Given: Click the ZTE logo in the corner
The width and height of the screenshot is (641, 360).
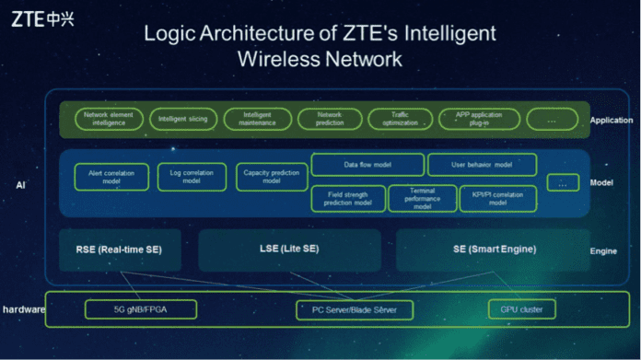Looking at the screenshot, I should pyautogui.click(x=41, y=18).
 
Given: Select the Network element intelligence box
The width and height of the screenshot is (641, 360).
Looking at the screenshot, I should pyautogui.click(x=109, y=119).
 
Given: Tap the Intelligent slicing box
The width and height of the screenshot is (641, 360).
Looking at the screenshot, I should pyautogui.click(x=182, y=119).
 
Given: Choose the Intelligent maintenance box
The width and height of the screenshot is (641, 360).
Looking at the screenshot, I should pyautogui.click(x=257, y=119).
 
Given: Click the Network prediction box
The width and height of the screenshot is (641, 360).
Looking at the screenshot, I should pyautogui.click(x=329, y=119).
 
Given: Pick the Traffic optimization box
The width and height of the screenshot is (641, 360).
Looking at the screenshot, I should pyautogui.click(x=400, y=119).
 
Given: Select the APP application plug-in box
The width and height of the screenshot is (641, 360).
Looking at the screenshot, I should pyautogui.click(x=479, y=119).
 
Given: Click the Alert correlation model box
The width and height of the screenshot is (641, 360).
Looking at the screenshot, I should pyautogui.click(x=111, y=177).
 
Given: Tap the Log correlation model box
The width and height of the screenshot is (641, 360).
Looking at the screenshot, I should pyautogui.click(x=192, y=177).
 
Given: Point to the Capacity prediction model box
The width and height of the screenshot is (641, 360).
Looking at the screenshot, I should pyautogui.click(x=272, y=177).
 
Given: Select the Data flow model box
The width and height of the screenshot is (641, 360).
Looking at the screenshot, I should pyautogui.click(x=367, y=165).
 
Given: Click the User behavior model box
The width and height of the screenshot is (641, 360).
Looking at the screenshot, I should pyautogui.click(x=482, y=165).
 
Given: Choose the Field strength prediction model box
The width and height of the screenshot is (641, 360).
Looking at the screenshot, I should pyautogui.click(x=348, y=199).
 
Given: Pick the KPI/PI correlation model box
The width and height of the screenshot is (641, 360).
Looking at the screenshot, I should pyautogui.click(x=497, y=199).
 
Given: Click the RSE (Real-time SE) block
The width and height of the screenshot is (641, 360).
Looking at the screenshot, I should pyautogui.click(x=119, y=250).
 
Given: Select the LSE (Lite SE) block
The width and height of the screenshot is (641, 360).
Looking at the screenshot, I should pyautogui.click(x=289, y=250).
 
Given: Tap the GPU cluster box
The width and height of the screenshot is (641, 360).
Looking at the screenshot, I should pyautogui.click(x=521, y=309).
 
